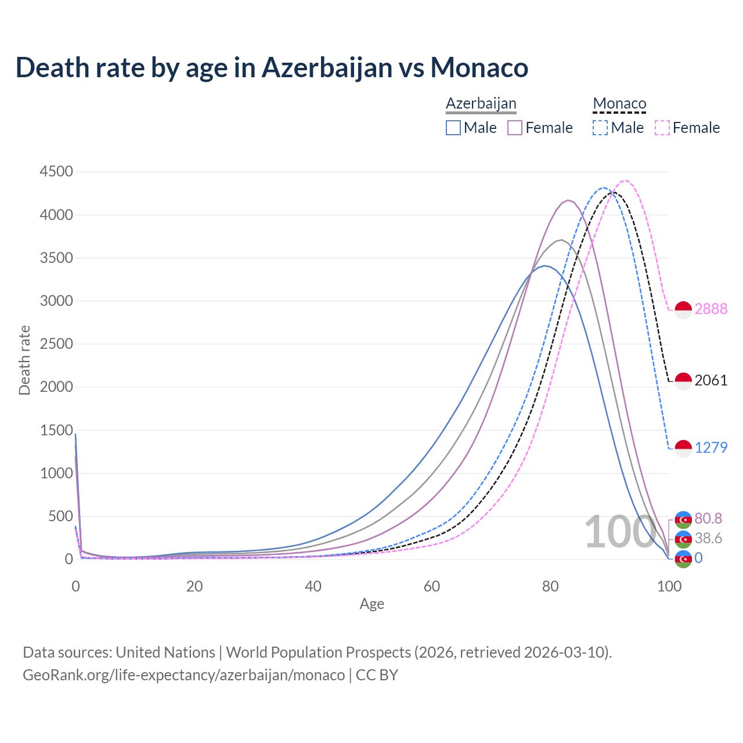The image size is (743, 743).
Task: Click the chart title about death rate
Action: (272, 67)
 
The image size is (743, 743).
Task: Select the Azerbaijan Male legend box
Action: (453, 128)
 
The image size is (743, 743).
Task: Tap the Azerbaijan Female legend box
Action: (515, 128)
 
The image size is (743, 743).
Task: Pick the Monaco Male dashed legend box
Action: (600, 128)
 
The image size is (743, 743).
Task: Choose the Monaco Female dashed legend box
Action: (662, 128)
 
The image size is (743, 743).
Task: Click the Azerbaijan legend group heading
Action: (481, 104)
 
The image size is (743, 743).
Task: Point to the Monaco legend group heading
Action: (619, 104)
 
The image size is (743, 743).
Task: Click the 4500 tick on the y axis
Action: (56, 171)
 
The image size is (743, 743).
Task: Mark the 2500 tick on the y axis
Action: (56, 344)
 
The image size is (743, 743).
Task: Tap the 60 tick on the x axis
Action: (432, 586)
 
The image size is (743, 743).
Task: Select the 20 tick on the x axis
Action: (194, 586)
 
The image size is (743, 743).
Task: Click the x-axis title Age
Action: (372, 604)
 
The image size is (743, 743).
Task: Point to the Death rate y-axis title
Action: (24, 360)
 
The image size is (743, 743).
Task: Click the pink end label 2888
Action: (711, 309)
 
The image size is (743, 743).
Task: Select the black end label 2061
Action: (711, 380)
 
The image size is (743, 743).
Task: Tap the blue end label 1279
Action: (711, 448)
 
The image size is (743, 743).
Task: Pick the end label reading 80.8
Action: (708, 518)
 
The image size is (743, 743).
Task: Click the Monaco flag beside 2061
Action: (683, 381)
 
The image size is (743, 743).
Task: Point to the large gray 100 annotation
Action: (619, 532)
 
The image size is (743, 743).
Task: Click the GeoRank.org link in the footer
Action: (183, 675)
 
